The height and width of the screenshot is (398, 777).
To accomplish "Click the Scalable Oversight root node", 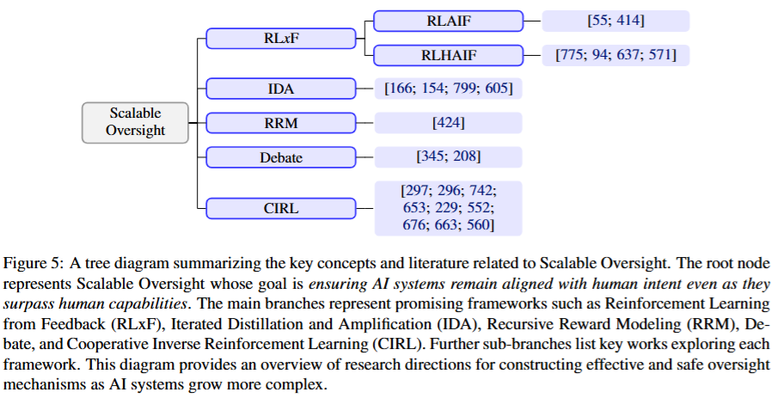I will (x=135, y=122).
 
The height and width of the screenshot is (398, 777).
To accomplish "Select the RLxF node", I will (x=281, y=38).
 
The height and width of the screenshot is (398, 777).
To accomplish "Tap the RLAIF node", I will (x=449, y=21).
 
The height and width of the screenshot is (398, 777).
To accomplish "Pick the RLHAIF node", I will (x=449, y=55).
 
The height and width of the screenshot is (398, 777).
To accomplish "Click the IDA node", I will (x=281, y=88).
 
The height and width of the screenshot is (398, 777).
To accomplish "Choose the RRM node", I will (x=281, y=123).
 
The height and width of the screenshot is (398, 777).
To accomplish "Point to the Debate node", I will (x=281, y=157).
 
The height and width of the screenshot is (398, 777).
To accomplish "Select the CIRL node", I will (x=281, y=207).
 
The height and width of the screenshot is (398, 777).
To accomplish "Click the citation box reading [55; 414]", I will (x=615, y=21).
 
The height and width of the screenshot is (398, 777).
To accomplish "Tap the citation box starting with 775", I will (x=615, y=56).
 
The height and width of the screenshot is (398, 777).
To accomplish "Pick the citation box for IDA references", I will (x=448, y=88).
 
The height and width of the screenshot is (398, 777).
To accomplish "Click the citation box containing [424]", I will (x=448, y=123).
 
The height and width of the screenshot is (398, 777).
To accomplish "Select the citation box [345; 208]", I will (x=448, y=157).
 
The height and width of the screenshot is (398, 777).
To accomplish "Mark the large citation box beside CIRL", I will (x=448, y=207).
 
